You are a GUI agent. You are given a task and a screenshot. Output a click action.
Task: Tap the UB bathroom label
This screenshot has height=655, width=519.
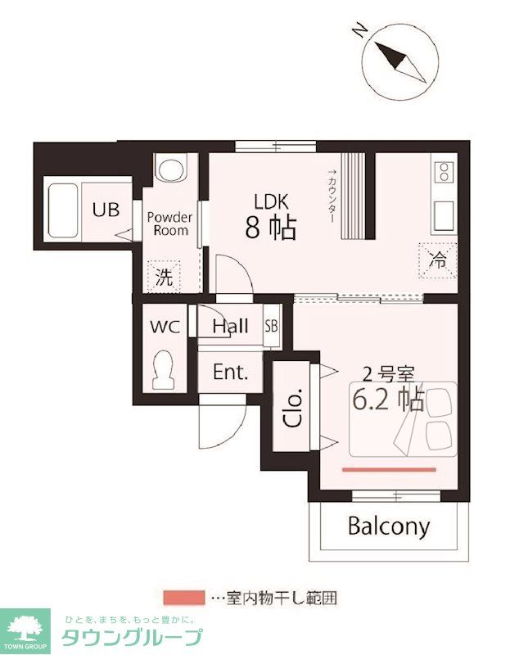tap(105, 210)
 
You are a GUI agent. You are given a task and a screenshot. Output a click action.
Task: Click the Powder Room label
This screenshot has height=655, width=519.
tap(169, 224)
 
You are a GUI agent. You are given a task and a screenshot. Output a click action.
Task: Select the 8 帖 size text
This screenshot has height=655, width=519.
tap(270, 228)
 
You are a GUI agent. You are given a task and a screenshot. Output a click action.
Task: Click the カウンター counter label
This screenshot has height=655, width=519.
tap(332, 196)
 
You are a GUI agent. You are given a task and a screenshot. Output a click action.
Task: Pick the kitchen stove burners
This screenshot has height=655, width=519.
tap(445, 172)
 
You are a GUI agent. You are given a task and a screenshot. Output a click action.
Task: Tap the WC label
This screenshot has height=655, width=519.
tap(165, 326)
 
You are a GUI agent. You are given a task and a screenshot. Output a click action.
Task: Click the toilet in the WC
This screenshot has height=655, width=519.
tap(165, 370)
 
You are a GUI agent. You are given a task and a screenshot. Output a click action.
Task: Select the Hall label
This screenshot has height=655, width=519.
tap(230, 326)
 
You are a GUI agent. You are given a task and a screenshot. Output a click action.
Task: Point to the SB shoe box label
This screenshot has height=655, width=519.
tap(271, 326)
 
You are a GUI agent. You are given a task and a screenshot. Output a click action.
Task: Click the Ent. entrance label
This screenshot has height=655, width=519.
tap(230, 372)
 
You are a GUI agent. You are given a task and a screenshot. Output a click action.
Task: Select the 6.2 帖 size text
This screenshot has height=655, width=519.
tap(387, 400)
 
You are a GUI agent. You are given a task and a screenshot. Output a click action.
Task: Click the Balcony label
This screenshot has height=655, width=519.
tap(389, 526)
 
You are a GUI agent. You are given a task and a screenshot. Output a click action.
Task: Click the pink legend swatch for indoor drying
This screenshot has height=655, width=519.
tap(184, 598)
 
